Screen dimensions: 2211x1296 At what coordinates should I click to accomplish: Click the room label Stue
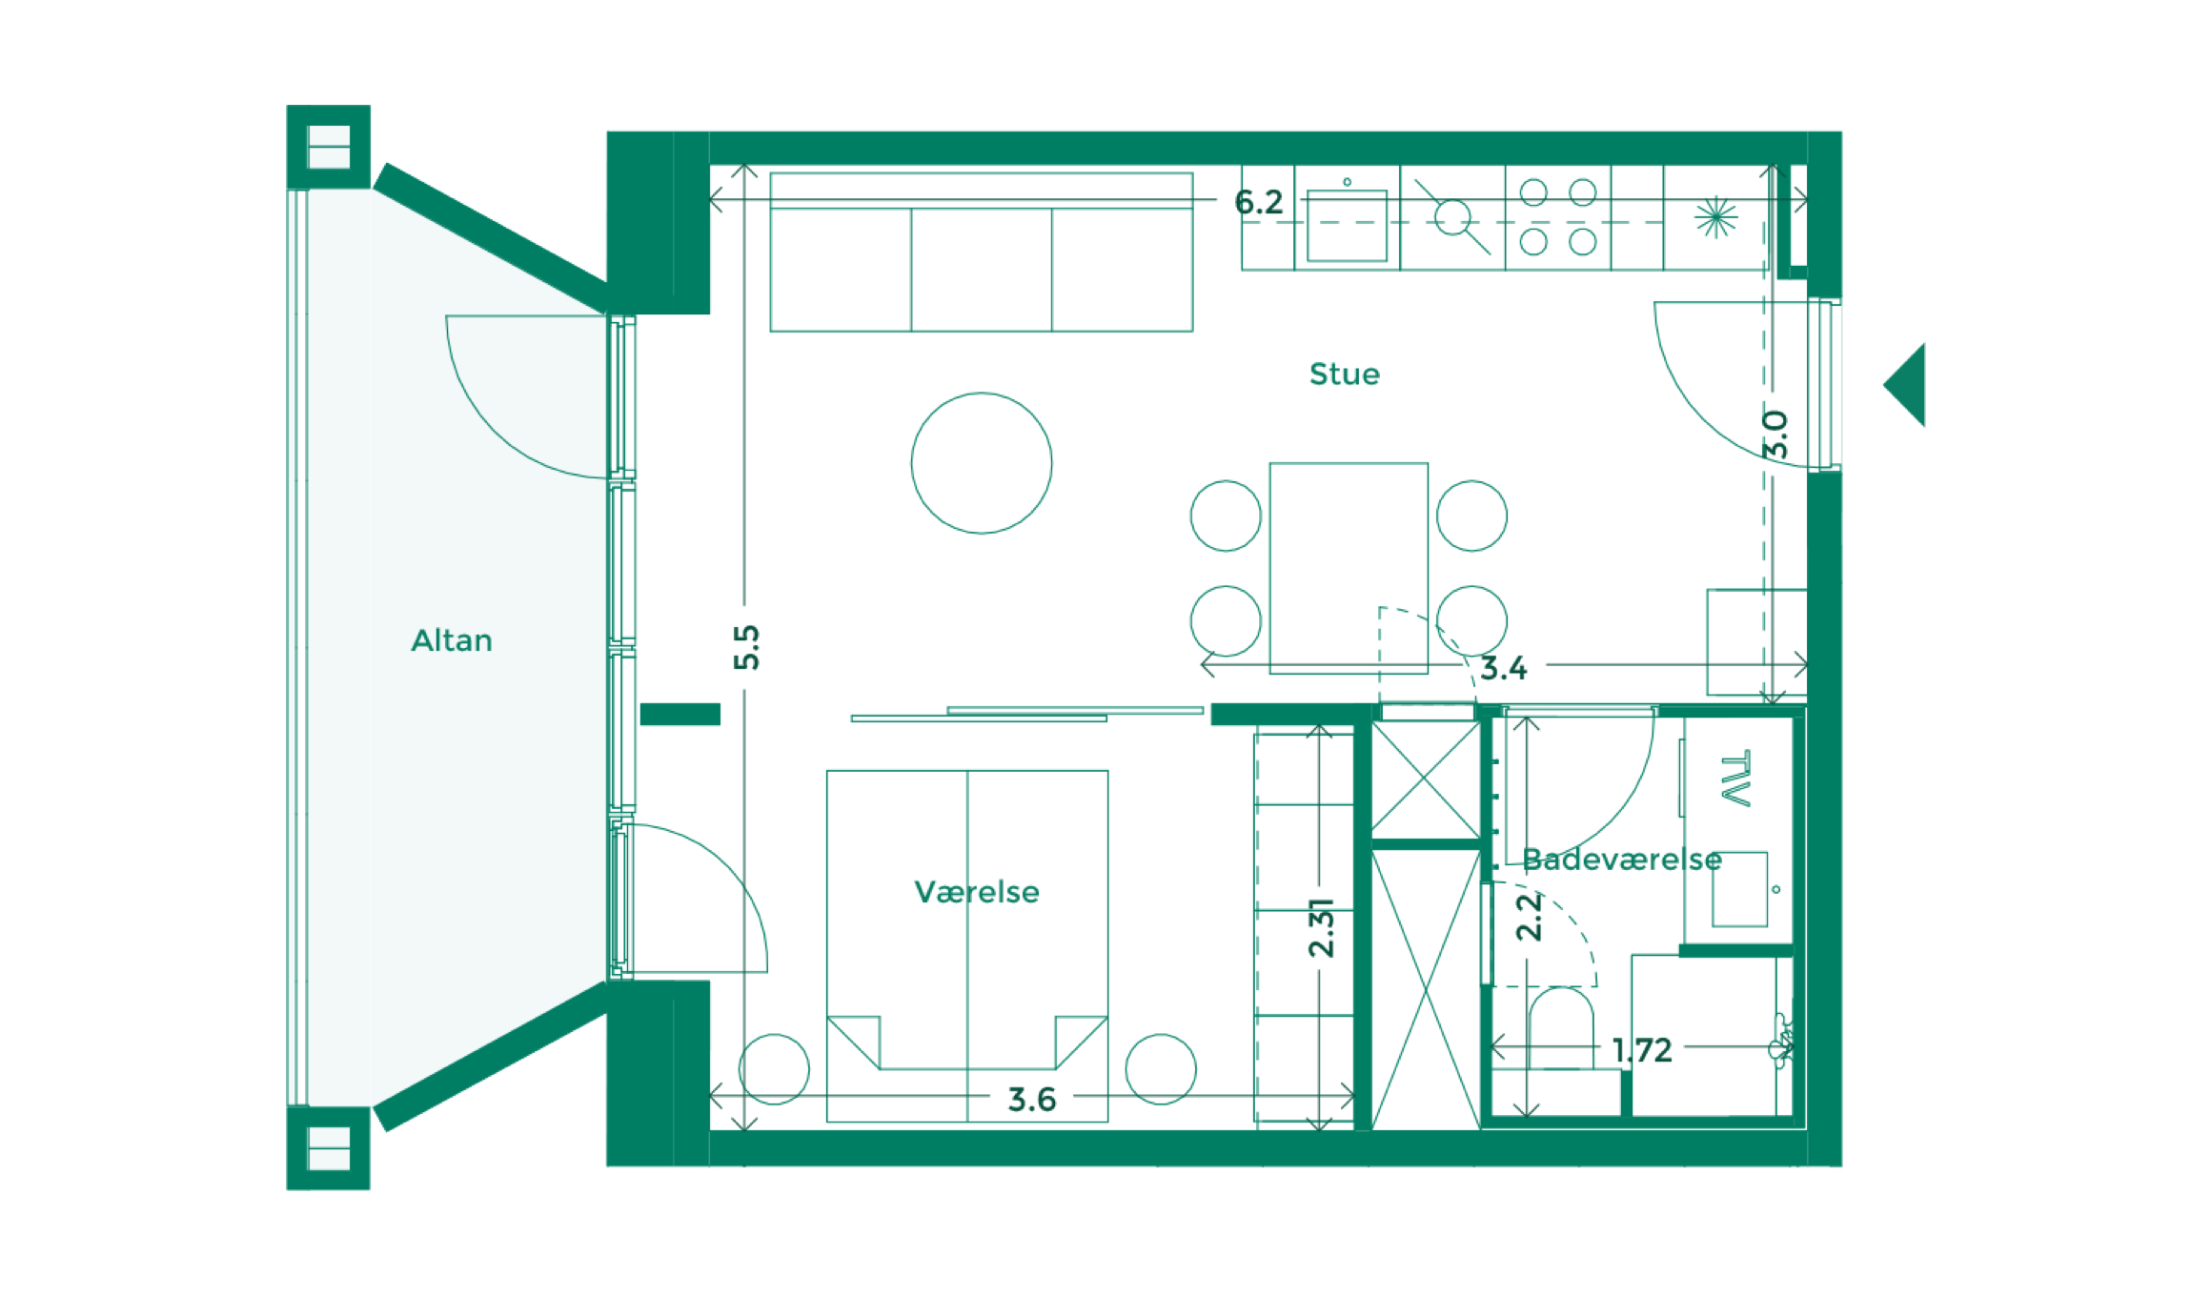[1344, 374]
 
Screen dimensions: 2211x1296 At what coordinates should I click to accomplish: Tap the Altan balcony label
[452, 640]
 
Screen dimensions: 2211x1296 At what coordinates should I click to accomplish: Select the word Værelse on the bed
[977, 892]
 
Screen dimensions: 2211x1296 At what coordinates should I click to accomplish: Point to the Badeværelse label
[1622, 860]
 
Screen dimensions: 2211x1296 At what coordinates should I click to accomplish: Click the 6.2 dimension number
[1259, 202]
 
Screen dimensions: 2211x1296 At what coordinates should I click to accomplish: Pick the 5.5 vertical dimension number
[747, 648]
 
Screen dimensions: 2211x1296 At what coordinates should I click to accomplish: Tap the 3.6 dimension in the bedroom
[1032, 1100]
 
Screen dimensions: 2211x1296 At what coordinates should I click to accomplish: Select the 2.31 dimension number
[1322, 927]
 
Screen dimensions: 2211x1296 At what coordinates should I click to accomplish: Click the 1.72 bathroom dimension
[1642, 1050]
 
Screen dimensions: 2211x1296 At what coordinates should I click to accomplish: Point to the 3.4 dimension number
[1503, 668]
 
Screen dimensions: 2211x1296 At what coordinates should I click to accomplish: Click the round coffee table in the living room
[982, 463]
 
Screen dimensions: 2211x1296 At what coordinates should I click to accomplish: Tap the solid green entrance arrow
[1905, 384]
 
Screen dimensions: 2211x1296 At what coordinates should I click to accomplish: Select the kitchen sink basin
[1347, 225]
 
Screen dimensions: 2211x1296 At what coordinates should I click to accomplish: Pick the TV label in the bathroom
[1736, 779]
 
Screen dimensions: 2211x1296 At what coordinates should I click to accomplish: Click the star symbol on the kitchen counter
[1715, 217]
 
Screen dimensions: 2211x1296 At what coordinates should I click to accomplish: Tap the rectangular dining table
[1349, 568]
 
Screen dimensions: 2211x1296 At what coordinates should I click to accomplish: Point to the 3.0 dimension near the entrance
[1775, 435]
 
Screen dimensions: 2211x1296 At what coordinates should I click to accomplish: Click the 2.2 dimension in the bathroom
[1529, 917]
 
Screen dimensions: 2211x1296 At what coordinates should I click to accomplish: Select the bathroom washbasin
[1739, 889]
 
